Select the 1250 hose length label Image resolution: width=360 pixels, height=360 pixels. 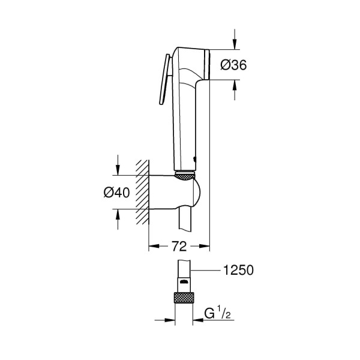[239, 271]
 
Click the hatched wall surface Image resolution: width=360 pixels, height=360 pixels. [142, 192]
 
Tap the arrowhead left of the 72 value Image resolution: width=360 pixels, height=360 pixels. [152, 246]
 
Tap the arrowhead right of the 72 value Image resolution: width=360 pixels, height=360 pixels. [204, 246]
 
